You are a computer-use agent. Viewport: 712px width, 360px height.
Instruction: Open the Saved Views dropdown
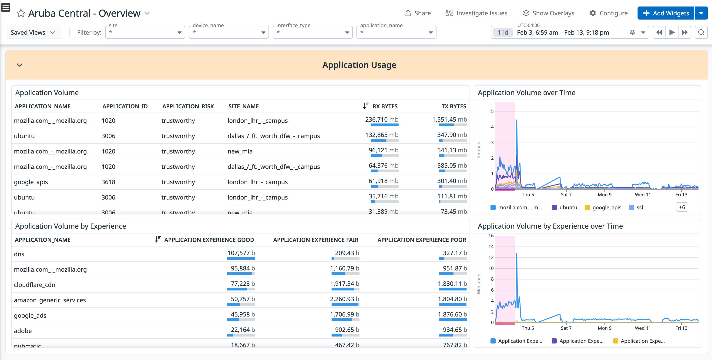pos(33,32)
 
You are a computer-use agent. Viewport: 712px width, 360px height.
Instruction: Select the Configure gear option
pos(608,13)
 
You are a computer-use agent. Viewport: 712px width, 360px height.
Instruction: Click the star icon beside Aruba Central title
pos(21,13)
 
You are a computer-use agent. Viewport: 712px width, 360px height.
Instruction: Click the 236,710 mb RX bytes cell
pos(381,120)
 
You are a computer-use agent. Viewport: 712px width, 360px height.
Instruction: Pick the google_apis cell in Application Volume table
pos(31,182)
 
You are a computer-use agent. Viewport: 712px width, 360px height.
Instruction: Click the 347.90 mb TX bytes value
pos(452,135)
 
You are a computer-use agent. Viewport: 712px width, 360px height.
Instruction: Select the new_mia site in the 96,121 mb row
pos(240,151)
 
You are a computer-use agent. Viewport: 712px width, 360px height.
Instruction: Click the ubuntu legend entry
pos(568,207)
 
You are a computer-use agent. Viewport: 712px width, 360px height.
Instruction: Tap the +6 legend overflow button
pos(682,207)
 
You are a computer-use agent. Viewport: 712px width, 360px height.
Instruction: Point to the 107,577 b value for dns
pos(241,253)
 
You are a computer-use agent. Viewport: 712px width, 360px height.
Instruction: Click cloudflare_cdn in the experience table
pos(34,285)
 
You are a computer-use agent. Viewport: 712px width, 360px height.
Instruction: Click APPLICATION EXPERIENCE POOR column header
pos(422,240)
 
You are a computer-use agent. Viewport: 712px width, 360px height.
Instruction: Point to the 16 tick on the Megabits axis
pos(491,236)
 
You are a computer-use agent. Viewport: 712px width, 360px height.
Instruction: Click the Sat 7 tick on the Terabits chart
pos(566,194)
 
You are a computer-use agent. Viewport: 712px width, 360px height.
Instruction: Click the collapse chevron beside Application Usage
pos(19,65)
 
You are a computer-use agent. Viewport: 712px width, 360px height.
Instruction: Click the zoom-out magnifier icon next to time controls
pos(701,32)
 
